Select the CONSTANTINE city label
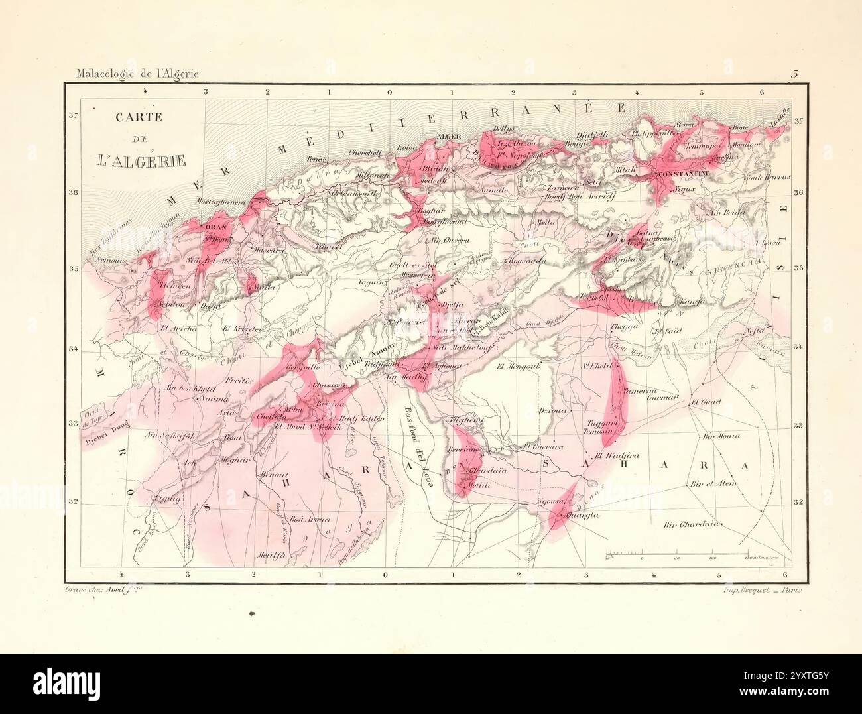(x=682, y=174)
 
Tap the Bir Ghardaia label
(x=690, y=524)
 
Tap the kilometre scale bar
(x=677, y=552)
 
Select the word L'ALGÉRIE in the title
(x=140, y=160)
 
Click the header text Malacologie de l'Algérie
(x=137, y=74)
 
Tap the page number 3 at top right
(x=793, y=74)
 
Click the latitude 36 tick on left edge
(x=74, y=193)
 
